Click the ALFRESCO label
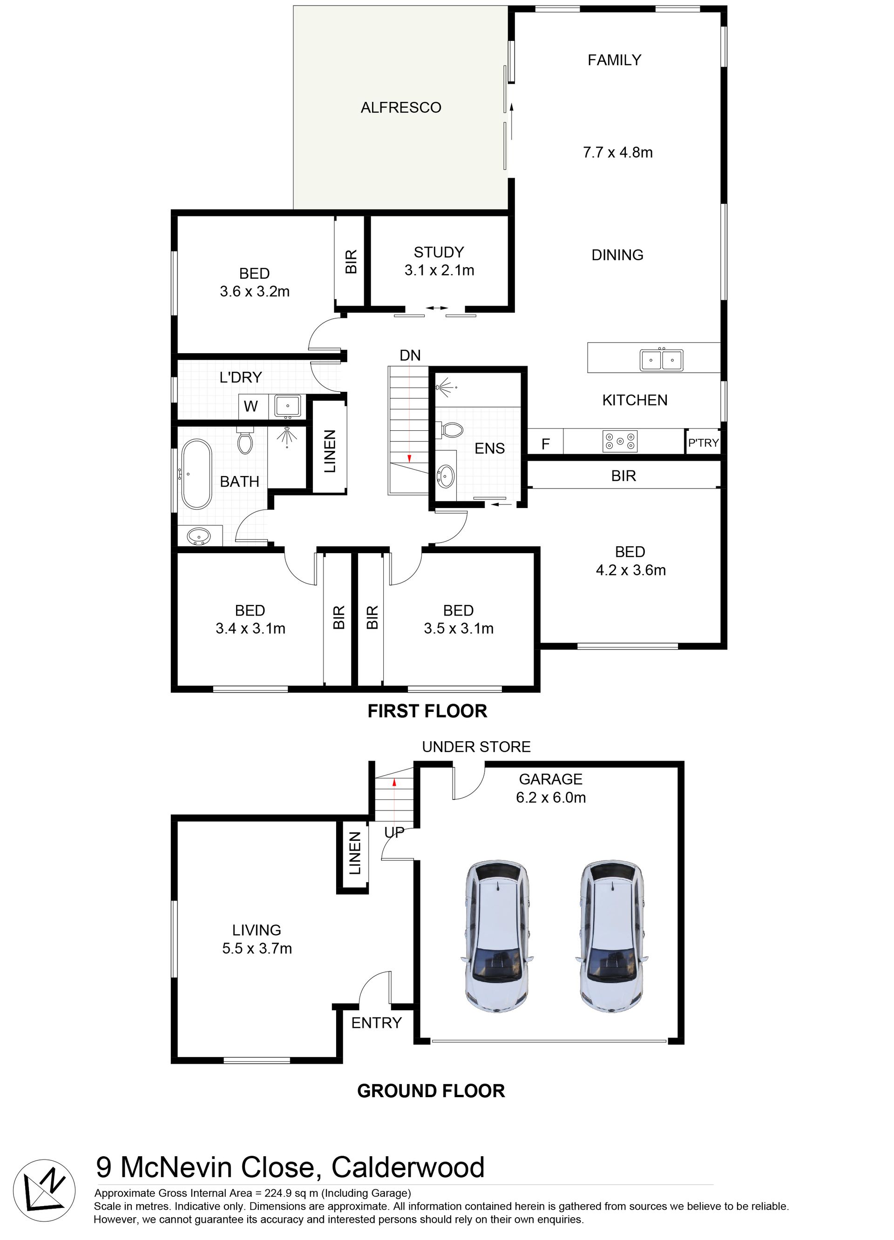coord(400,107)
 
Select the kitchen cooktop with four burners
coord(619,441)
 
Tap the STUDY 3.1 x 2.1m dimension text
coord(440,270)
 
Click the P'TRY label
coord(703,442)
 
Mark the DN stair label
coord(410,355)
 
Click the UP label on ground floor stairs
coord(394,832)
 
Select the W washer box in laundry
coord(251,406)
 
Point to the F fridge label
coord(546,444)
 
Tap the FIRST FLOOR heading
coord(427,711)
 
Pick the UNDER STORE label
coord(476,747)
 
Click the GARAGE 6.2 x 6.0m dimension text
coord(551,797)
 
